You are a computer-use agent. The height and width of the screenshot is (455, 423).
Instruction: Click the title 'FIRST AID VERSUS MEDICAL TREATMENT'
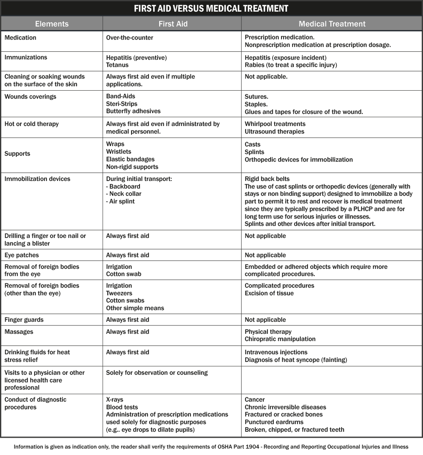211,8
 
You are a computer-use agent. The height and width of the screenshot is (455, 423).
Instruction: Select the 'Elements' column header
52,24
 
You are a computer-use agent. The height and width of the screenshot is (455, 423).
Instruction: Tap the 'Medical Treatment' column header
332,24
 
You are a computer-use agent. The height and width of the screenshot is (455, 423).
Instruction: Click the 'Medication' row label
20,38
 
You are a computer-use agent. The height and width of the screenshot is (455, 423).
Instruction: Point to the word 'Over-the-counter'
130,38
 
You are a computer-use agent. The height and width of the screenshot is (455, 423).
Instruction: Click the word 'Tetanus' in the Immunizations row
117,65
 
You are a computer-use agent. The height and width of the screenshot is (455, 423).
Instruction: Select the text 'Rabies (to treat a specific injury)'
291,65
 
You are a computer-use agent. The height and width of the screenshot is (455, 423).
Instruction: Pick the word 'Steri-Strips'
122,104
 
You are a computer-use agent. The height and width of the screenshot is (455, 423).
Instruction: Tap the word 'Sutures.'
257,97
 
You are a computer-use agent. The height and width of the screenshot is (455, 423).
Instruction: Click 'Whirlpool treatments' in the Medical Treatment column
275,124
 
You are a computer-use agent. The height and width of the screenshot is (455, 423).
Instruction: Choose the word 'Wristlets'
119,152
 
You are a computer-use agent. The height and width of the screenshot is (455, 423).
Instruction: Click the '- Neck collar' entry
123,194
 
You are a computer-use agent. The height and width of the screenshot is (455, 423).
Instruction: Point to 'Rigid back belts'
267,179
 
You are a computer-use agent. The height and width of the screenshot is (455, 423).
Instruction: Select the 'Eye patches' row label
22,255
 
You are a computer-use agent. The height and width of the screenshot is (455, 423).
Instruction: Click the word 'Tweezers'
119,293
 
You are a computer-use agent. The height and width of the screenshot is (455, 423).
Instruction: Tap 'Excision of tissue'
269,293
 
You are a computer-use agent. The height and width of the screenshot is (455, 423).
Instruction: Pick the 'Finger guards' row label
24,320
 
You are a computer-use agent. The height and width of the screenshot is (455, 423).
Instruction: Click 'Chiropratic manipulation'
280,339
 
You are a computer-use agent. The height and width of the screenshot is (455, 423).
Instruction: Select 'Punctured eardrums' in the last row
274,422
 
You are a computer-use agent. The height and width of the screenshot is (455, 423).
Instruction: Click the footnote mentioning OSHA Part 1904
211,447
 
